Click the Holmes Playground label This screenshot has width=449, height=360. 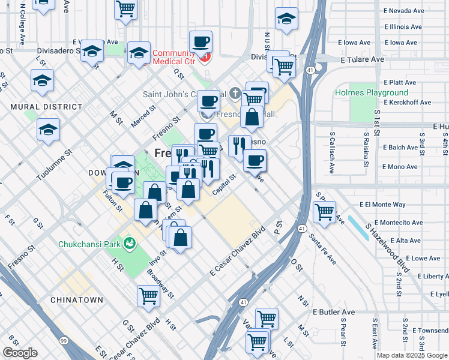tap(371, 93)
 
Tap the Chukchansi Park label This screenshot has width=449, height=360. tap(89, 244)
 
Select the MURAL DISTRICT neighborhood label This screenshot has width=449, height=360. tap(46, 107)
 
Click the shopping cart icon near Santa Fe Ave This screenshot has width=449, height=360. tap(324, 211)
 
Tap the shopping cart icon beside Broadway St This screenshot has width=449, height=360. tap(148, 295)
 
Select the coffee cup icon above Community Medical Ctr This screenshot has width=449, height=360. tap(200, 42)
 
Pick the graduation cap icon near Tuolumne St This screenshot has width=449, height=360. tap(49, 129)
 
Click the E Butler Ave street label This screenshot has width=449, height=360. tap(334, 312)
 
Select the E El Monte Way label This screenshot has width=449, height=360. tap(382, 205)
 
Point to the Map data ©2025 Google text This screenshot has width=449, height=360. tap(412, 355)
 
